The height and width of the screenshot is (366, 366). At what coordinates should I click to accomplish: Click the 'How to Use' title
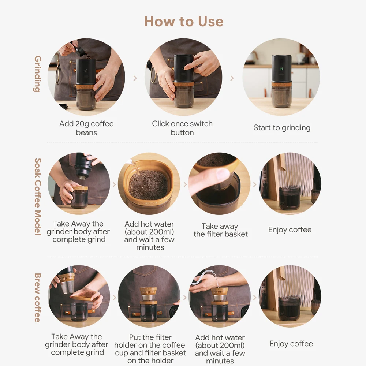pyautogui.click(x=184, y=22)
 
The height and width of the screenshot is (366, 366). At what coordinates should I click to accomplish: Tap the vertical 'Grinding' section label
pyautogui.click(x=38, y=74)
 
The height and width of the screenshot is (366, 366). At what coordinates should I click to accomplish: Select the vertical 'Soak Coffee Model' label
pyautogui.click(x=38, y=197)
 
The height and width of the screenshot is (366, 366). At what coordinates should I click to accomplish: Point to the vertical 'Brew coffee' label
pyautogui.click(x=38, y=298)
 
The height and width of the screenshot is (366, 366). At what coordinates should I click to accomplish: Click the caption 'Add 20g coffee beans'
pyautogui.click(x=86, y=128)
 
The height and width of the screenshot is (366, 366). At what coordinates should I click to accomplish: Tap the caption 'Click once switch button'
pyautogui.click(x=182, y=128)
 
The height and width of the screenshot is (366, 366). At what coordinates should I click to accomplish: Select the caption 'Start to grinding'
pyautogui.click(x=282, y=128)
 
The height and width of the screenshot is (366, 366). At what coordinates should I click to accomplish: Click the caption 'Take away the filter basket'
pyautogui.click(x=221, y=230)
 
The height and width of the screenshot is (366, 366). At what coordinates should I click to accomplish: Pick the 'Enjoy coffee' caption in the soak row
pyautogui.click(x=290, y=230)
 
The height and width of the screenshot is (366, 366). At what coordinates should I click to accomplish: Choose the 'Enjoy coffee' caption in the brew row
pyautogui.click(x=291, y=344)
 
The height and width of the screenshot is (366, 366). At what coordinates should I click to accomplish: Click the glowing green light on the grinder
pyautogui.click(x=281, y=69)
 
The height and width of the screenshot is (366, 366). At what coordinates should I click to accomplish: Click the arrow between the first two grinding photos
pyautogui.click(x=135, y=78)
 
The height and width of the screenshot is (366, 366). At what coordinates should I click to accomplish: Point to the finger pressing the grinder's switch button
pyautogui.click(x=190, y=65)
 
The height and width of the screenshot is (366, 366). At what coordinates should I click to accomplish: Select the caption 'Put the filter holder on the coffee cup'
pyautogui.click(x=150, y=345)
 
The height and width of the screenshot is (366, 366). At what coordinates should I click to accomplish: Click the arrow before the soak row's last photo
pyautogui.click(x=255, y=184)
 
